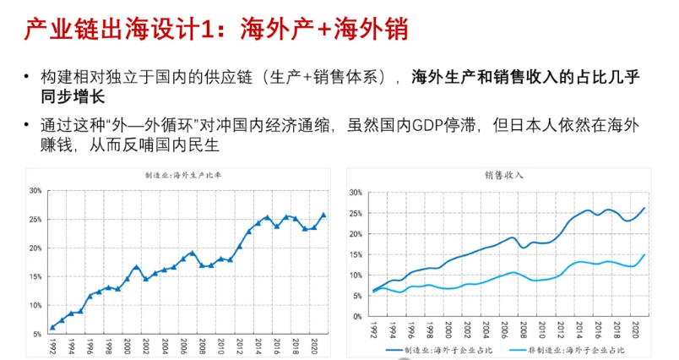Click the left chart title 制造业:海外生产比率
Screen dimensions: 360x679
pos(176,176)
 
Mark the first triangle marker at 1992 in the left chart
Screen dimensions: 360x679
pos(52,327)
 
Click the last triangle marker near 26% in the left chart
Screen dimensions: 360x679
pos(324,215)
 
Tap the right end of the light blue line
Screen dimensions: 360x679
pos(645,254)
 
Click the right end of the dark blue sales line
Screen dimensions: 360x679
pos(645,208)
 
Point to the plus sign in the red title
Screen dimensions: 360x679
pos(321,31)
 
